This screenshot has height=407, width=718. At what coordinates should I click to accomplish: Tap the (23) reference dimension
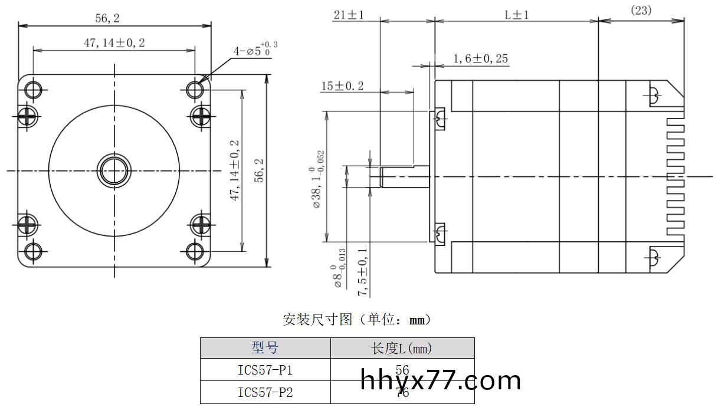[641, 10]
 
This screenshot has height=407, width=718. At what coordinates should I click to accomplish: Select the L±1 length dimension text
[516, 15]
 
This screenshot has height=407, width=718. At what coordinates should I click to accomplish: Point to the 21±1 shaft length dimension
[348, 15]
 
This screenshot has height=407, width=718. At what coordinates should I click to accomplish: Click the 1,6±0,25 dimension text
[480, 58]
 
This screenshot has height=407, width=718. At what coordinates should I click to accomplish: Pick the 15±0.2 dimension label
[342, 86]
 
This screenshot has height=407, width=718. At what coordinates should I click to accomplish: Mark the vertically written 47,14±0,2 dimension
[234, 170]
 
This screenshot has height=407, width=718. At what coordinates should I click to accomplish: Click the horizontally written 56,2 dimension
[107, 18]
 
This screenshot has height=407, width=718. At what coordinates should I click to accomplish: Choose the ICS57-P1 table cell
[265, 370]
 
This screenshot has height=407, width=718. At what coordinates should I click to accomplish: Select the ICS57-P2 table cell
[265, 392]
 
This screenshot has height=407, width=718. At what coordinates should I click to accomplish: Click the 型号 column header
[265, 348]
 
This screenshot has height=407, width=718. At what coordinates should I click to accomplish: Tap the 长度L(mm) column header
[402, 349]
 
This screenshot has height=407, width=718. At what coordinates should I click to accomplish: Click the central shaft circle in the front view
[114, 170]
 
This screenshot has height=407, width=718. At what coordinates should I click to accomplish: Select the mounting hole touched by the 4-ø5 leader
[195, 89]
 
